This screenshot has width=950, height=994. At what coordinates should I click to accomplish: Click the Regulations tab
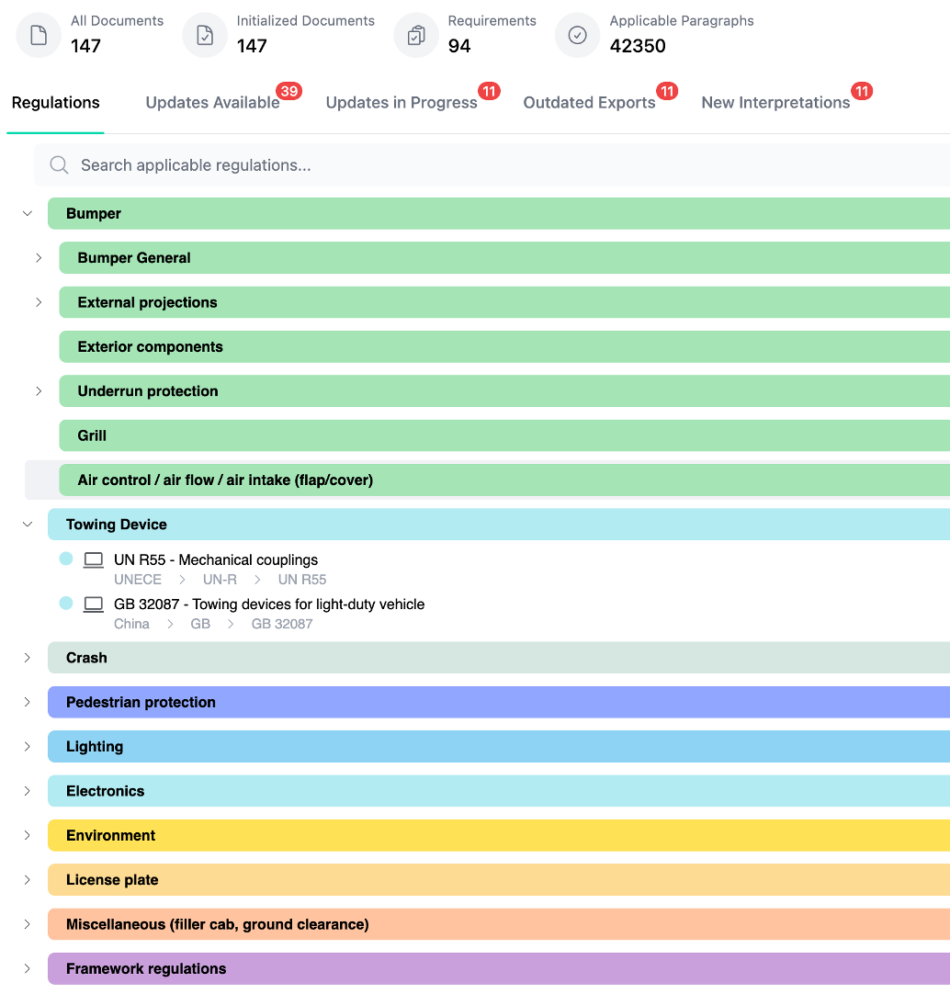[55, 103]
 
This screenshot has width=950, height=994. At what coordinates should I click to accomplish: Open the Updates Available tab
[212, 103]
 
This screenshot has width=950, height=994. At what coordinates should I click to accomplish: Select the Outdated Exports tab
[589, 103]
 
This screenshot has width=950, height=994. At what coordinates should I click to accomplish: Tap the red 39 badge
[289, 91]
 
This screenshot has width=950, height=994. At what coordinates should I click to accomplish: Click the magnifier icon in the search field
[60, 165]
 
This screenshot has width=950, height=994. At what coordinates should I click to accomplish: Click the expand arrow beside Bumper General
[39, 258]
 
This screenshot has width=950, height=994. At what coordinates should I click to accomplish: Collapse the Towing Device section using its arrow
[28, 525]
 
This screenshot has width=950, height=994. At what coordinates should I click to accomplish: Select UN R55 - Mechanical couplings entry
[216, 560]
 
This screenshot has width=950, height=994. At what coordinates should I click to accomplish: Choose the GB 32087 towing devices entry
[269, 604]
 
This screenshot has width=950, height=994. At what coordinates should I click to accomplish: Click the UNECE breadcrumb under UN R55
[138, 580]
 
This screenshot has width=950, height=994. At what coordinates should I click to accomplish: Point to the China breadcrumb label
[131, 624]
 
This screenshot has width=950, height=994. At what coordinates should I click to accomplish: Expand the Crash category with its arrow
[28, 658]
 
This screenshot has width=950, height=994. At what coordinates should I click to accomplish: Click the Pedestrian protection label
[141, 703]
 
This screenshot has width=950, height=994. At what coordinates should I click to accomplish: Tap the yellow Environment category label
[110, 836]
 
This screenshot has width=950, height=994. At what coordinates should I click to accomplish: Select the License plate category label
[112, 880]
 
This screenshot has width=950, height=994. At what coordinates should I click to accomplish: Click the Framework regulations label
[146, 969]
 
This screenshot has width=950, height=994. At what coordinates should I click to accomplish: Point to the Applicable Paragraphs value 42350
[638, 46]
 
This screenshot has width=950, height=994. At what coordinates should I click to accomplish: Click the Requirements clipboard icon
[416, 36]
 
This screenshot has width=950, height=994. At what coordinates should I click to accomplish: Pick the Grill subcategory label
[92, 436]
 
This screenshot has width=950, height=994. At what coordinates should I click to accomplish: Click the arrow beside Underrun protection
[39, 391]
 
